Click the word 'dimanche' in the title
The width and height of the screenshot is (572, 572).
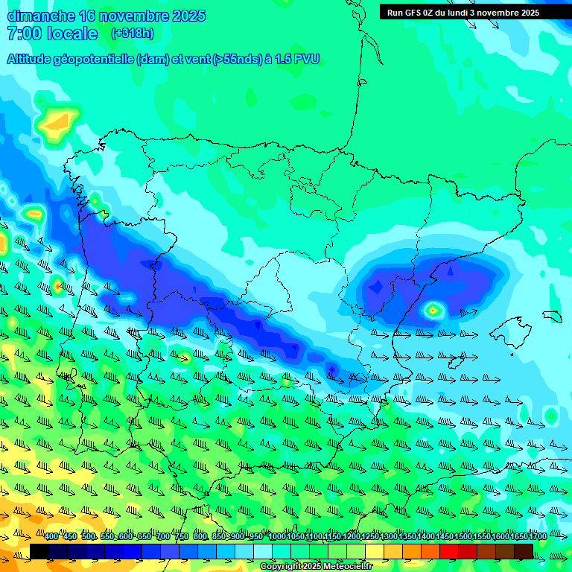click(x=41, y=16)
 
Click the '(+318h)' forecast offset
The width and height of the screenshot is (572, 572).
click(x=132, y=34)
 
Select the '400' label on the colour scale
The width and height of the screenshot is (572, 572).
click(x=51, y=536)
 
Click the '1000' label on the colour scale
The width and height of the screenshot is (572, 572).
click(x=277, y=536)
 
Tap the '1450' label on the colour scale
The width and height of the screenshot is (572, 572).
click(x=445, y=536)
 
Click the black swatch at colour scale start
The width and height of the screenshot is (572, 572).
click(x=39, y=551)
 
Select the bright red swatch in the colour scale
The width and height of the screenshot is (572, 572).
click(x=449, y=551)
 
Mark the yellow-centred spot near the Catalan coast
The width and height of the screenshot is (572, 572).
click(x=433, y=308)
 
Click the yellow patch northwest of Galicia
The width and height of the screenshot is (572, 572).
click(x=57, y=121)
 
